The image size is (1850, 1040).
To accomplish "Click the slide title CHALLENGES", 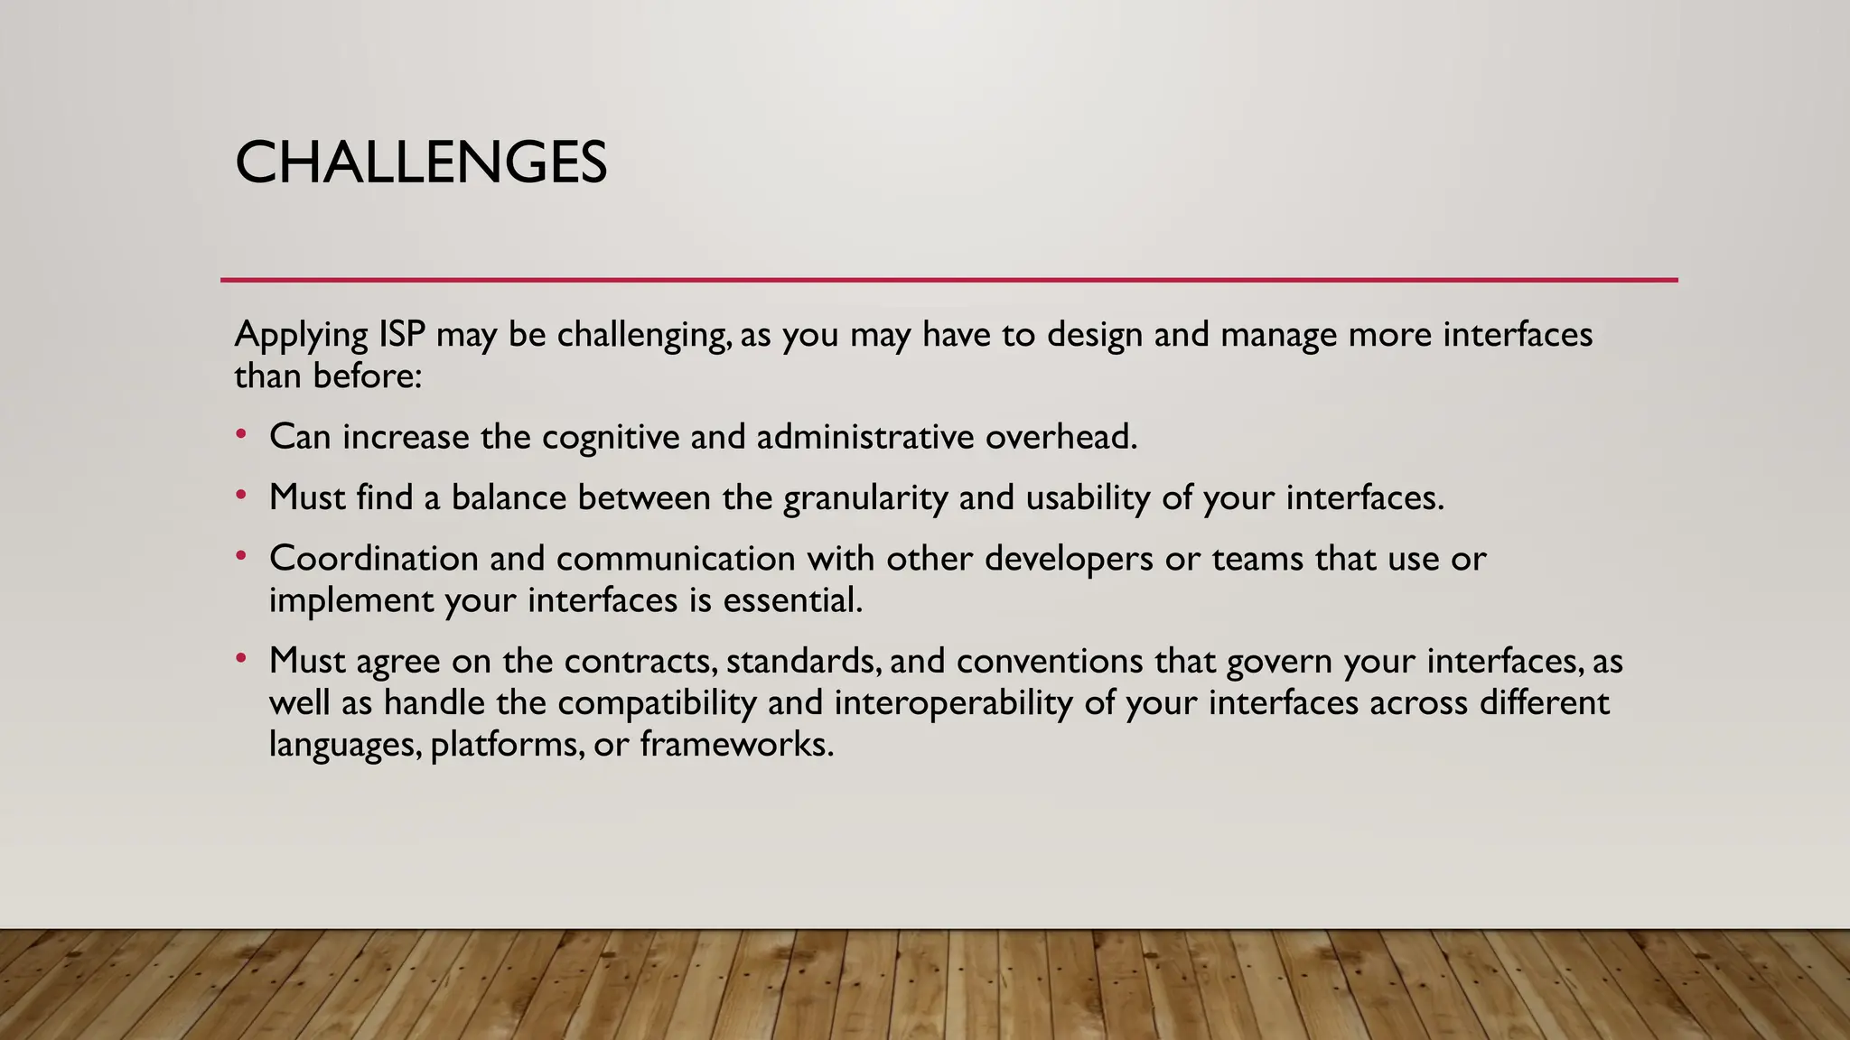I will [x=421, y=163].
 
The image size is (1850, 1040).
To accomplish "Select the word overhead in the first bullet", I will [x=1060, y=437].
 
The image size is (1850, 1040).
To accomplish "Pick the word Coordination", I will [x=373, y=559].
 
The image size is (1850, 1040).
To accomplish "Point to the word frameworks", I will [x=736, y=745].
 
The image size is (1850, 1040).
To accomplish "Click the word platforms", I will [x=506, y=746].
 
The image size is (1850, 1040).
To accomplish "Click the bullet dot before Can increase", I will [x=240, y=435].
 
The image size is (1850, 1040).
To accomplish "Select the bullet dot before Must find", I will [x=240, y=496].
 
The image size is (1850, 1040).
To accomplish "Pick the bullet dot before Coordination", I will [x=240, y=556].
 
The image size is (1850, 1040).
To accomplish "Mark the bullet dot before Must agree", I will [x=240, y=659].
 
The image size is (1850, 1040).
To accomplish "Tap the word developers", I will [x=1069, y=559].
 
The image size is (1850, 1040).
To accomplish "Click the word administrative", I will [x=864, y=437].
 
